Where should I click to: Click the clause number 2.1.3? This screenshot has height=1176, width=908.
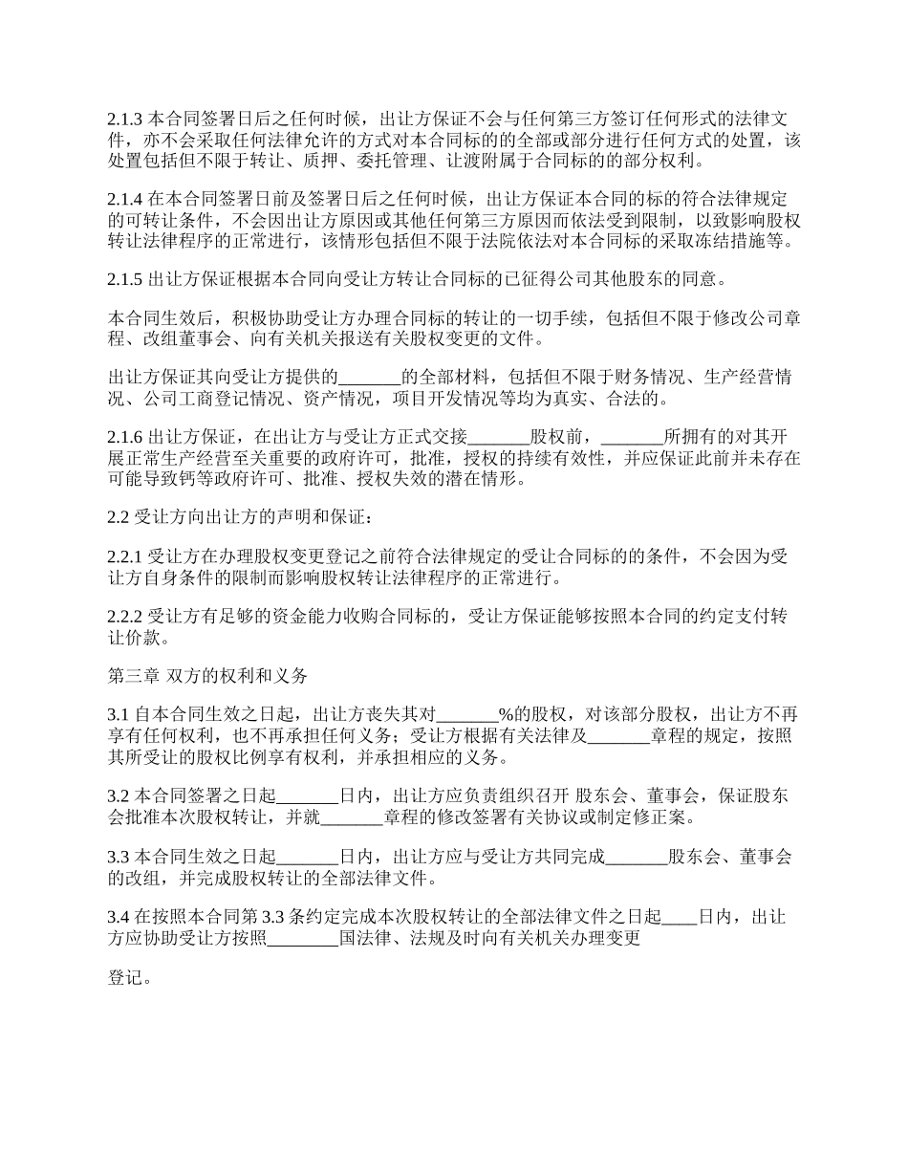point(124,120)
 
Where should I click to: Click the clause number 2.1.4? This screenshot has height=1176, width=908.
point(124,200)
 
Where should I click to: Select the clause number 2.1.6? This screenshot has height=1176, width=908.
point(124,437)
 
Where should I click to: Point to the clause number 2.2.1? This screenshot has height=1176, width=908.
point(124,555)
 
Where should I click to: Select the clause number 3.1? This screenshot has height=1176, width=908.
point(118,714)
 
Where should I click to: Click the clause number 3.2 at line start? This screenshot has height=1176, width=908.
point(118,795)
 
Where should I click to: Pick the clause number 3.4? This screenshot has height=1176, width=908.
point(118,917)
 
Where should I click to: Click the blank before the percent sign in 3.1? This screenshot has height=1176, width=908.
point(467,714)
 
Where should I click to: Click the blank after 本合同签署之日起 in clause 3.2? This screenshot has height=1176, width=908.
point(308,795)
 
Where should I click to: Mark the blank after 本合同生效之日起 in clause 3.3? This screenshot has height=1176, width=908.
point(308,856)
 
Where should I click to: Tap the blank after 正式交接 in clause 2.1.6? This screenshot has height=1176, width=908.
point(498,437)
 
